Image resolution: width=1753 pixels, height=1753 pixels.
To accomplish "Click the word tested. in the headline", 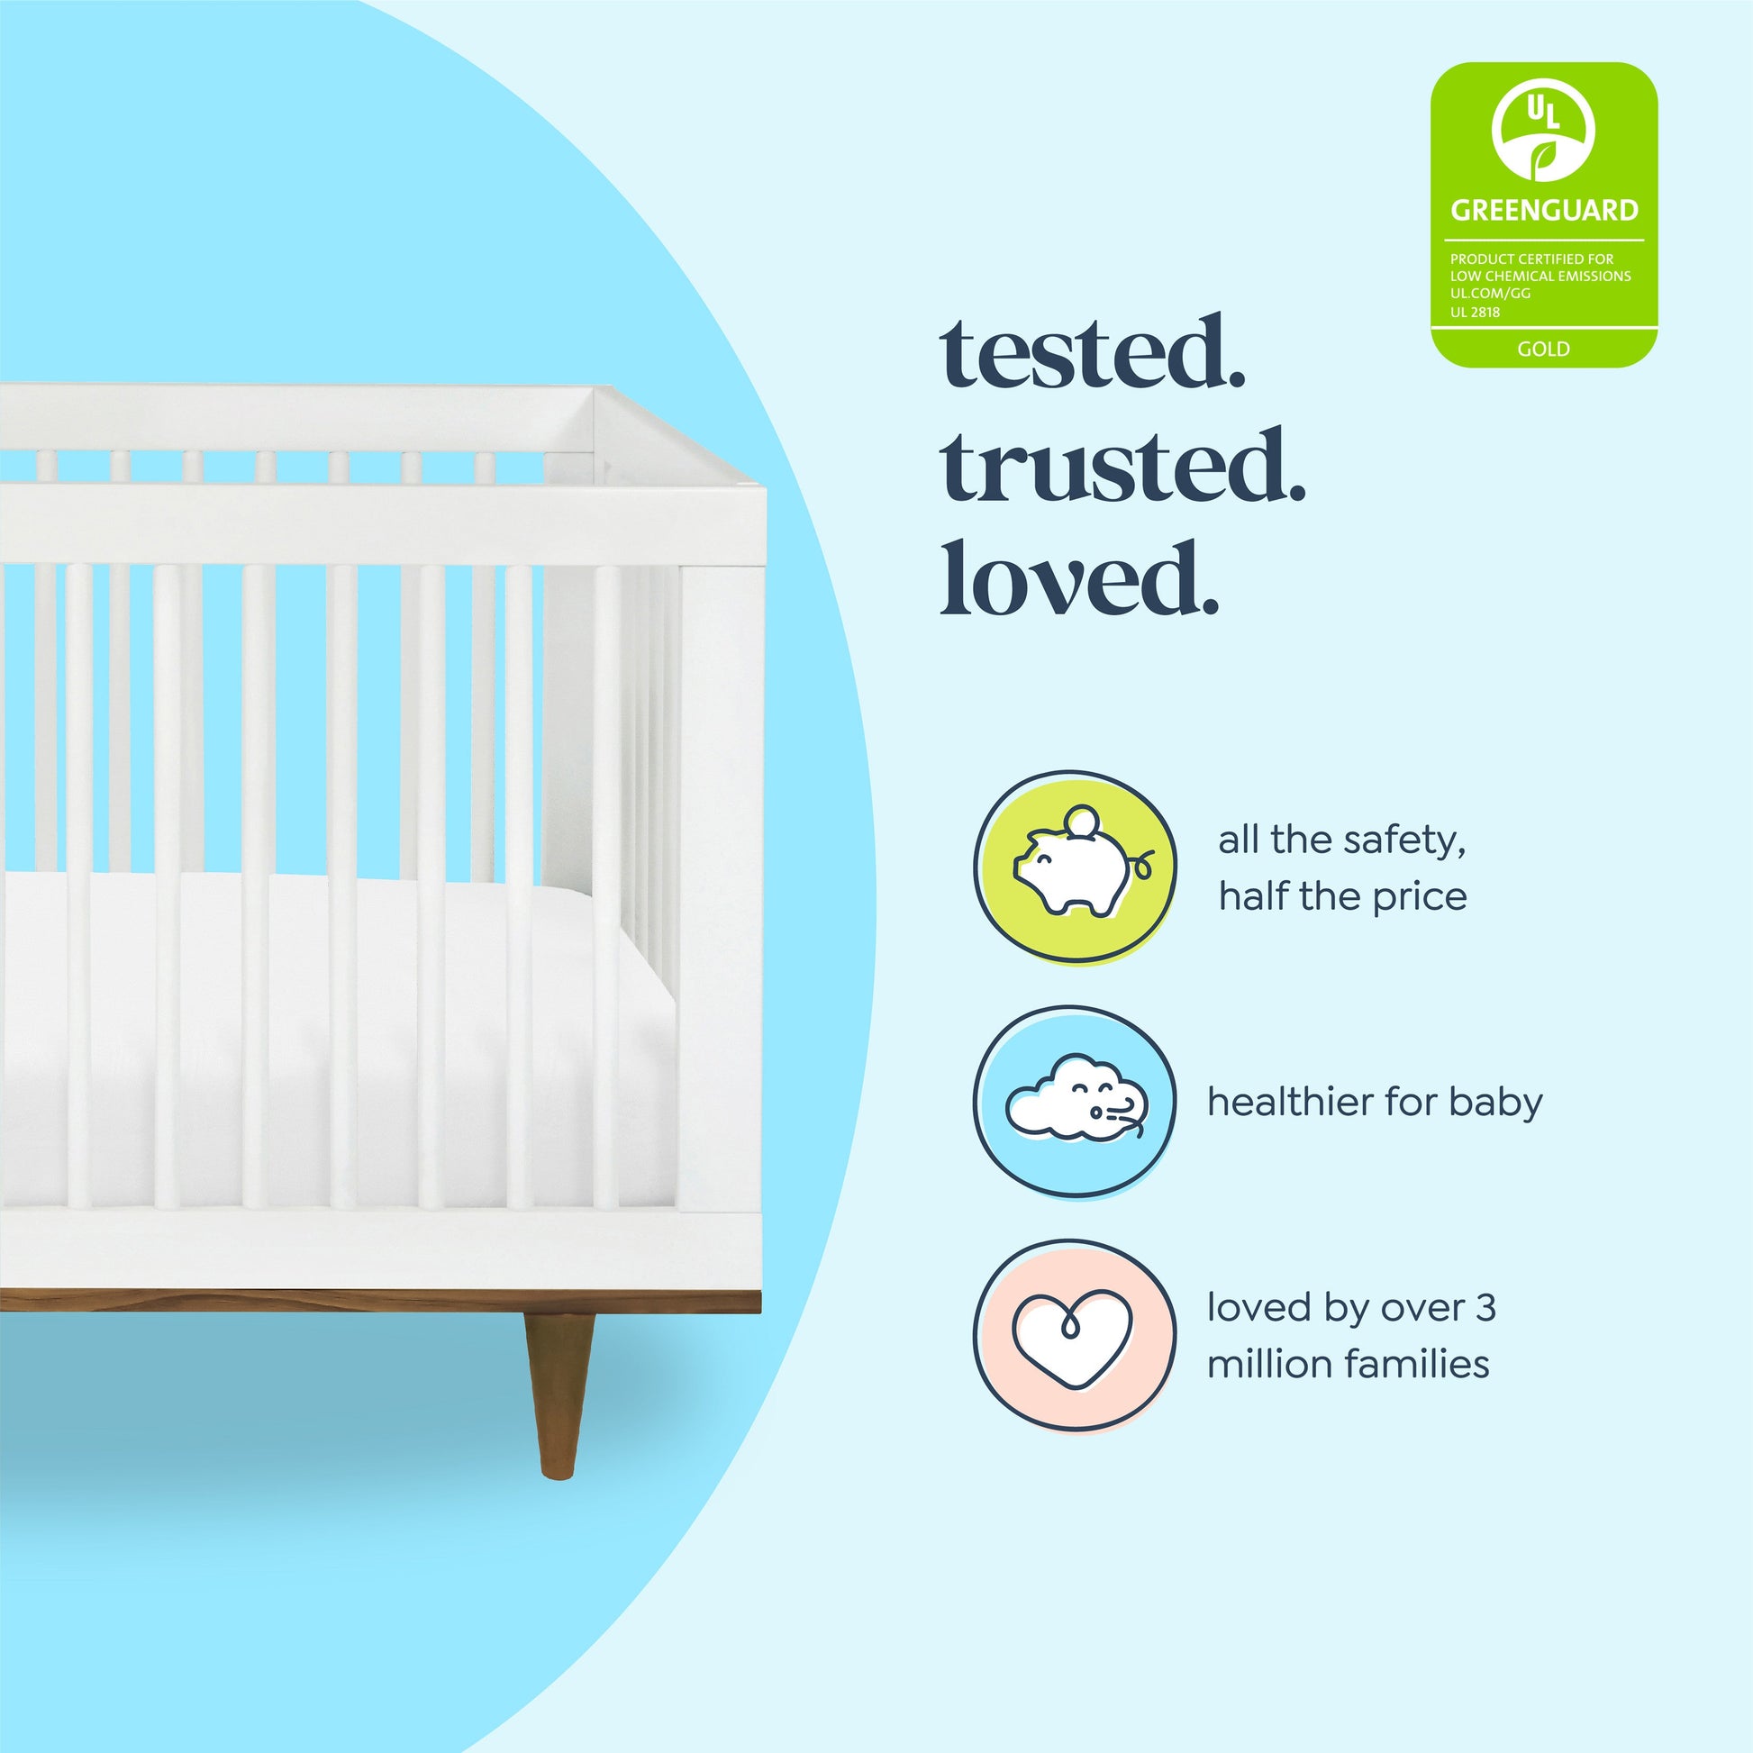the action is (1093, 352).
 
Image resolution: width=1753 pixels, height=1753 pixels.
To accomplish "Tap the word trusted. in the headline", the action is (1123, 465).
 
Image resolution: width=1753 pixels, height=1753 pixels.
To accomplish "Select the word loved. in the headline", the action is (1079, 577).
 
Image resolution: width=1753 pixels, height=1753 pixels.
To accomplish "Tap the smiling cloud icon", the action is (1076, 1097).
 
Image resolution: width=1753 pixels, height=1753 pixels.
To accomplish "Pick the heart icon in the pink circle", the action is (1074, 1338).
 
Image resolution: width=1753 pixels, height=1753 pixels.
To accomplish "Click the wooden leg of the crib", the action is (559, 1394).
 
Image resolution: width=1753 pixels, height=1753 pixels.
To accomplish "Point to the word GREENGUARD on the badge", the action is (1544, 211).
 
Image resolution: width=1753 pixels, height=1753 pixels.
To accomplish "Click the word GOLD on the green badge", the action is (1543, 349).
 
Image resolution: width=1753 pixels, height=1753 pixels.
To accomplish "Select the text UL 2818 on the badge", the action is (1475, 312).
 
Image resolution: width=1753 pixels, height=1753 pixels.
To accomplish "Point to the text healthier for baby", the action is (1375, 1102).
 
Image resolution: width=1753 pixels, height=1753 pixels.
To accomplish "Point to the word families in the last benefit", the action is (1416, 1364).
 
